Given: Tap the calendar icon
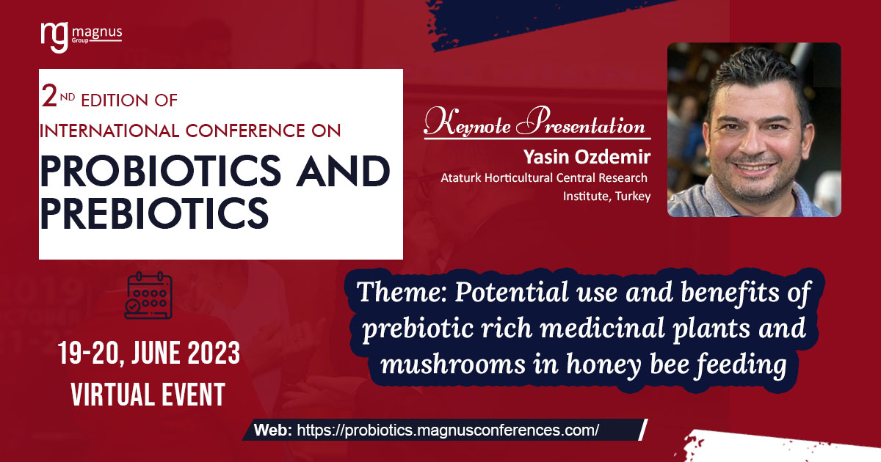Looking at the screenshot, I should [149, 296].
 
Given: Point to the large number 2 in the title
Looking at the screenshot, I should [50, 96].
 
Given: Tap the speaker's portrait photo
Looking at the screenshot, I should [754, 129].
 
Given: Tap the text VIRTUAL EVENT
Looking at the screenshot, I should [148, 395].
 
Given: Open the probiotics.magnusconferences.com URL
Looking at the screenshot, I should [448, 430].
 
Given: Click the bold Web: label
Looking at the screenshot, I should [273, 430].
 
